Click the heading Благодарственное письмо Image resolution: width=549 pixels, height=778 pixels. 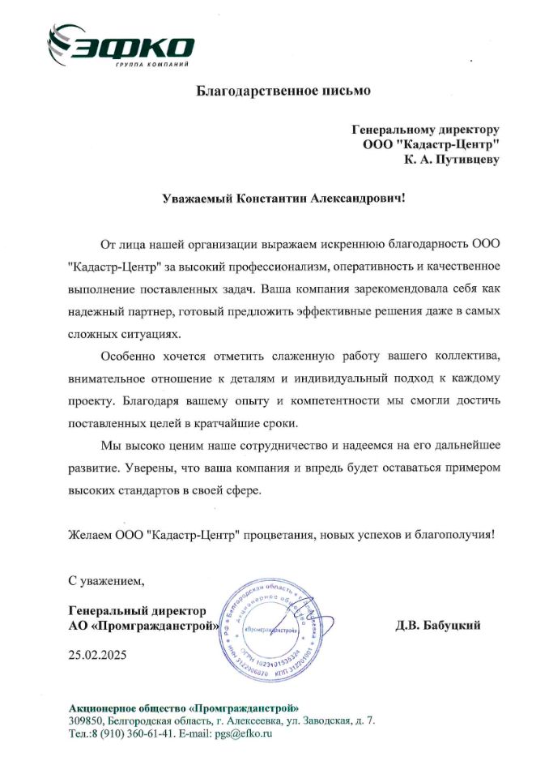click(284, 91)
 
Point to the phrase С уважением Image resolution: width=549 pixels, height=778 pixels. click(106, 580)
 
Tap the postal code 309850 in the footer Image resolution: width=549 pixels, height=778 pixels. click(87, 720)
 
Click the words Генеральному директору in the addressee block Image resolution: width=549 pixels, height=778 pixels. click(425, 129)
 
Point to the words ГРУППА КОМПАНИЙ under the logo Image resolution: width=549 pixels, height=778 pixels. click(154, 64)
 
